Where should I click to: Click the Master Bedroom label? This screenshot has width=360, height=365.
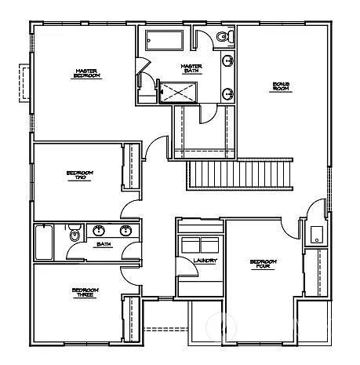pyautogui.click(x=86, y=74)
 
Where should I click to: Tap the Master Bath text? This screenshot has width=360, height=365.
pyautogui.click(x=191, y=68)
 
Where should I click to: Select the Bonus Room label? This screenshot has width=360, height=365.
pyautogui.click(x=282, y=86)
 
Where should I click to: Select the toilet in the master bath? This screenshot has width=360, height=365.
pyautogui.click(x=223, y=36)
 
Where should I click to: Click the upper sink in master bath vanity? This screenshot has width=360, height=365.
pyautogui.click(x=228, y=61)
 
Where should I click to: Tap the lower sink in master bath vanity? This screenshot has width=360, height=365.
pyautogui.click(x=228, y=94)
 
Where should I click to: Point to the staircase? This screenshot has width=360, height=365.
pyautogui.click(x=238, y=172)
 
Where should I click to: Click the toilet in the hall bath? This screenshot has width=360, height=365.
pyautogui.click(x=74, y=233)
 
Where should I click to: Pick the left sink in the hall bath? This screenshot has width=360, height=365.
pyautogui.click(x=100, y=231)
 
